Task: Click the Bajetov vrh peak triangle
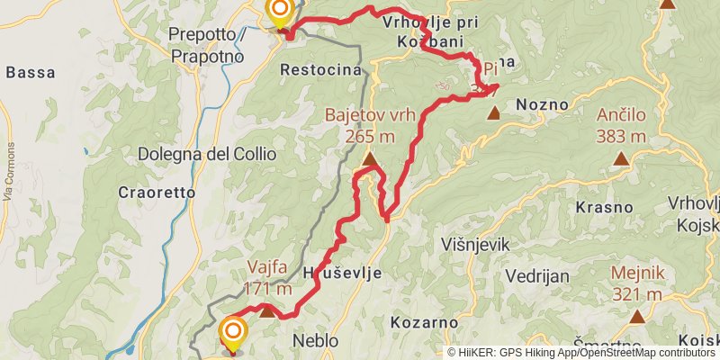369,160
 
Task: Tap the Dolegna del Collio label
207,154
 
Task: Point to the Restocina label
320,69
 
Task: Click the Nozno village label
542,104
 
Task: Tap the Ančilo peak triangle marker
621,159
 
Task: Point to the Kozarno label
420,321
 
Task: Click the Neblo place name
315,341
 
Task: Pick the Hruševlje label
343,272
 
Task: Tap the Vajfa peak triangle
267,310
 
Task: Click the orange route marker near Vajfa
232,333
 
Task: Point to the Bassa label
31,73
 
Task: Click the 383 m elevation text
621,136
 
